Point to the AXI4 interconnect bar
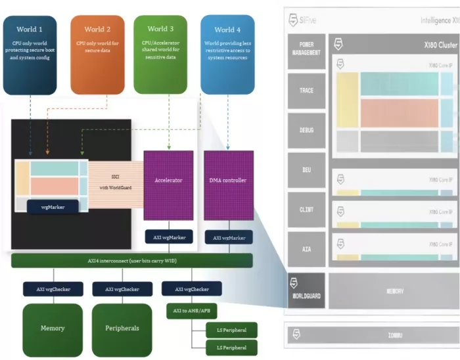131,261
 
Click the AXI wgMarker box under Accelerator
168,238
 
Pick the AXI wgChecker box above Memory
53,289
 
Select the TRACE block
306,90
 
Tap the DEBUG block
306,130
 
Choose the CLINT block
306,210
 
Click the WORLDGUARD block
306,291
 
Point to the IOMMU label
395,335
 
